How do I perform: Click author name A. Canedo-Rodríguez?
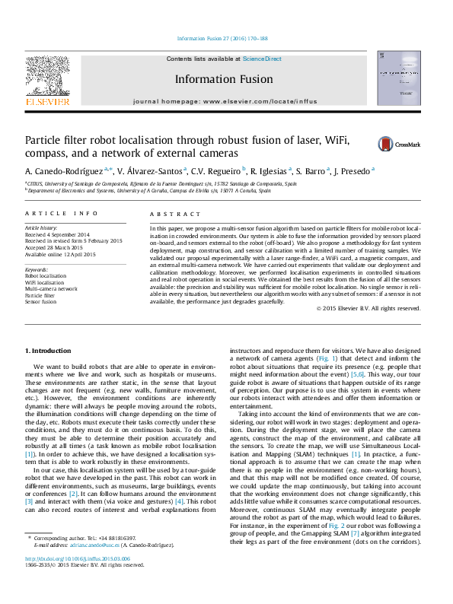67,171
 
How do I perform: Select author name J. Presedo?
352,171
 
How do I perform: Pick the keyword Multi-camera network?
52,289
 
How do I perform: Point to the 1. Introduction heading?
49,351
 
